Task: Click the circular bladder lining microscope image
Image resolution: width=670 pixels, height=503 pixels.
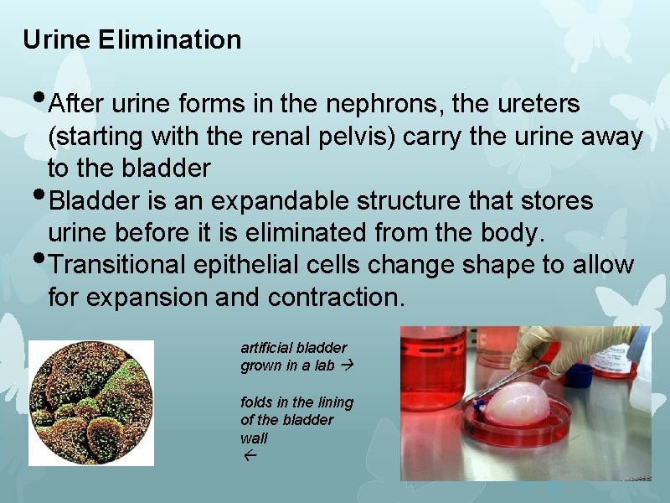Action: (x=91, y=402)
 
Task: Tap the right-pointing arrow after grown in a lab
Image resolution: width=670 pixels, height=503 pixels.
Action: (x=349, y=366)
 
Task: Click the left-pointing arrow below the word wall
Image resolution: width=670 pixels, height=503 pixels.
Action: (x=250, y=457)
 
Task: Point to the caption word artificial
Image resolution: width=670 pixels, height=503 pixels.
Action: (x=262, y=347)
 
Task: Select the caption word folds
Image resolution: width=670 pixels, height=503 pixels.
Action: (x=256, y=402)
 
